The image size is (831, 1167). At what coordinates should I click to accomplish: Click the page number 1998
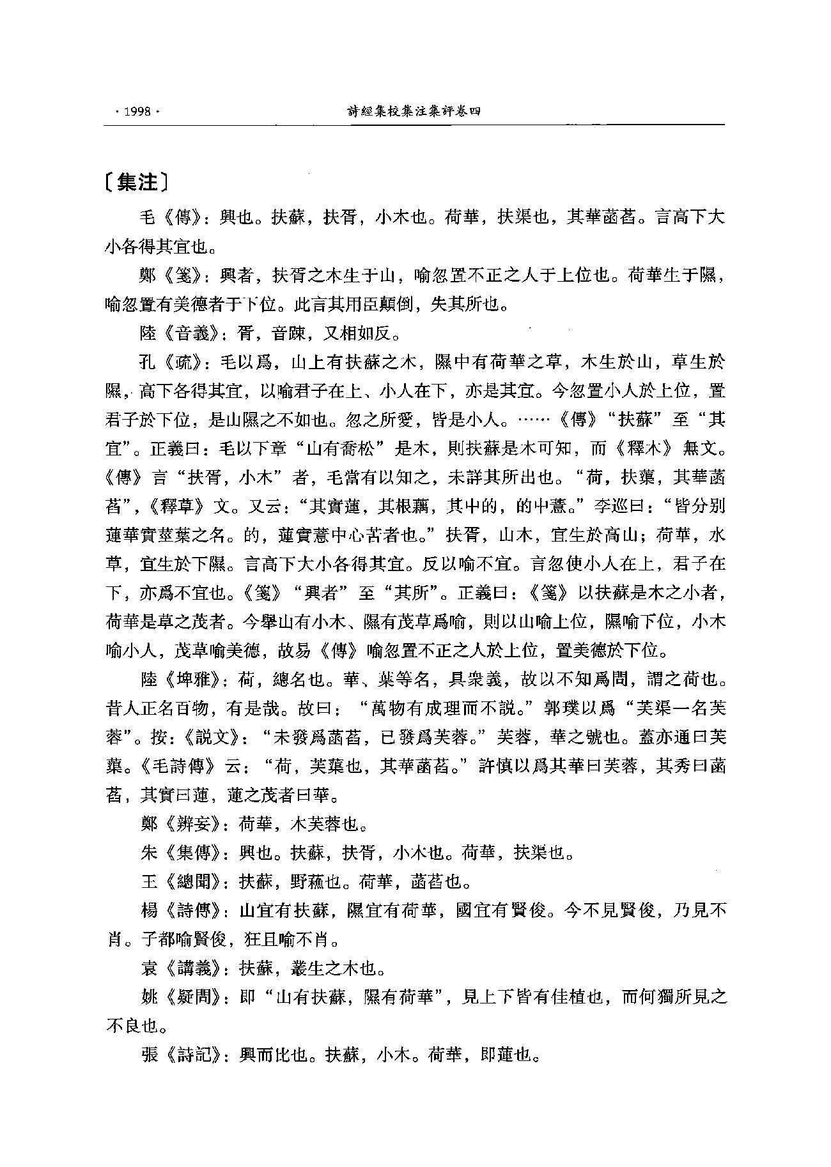[x=137, y=111]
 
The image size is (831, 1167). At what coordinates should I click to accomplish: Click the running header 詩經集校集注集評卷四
[x=412, y=111]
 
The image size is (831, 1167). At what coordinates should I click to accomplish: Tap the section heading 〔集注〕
[x=137, y=183]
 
